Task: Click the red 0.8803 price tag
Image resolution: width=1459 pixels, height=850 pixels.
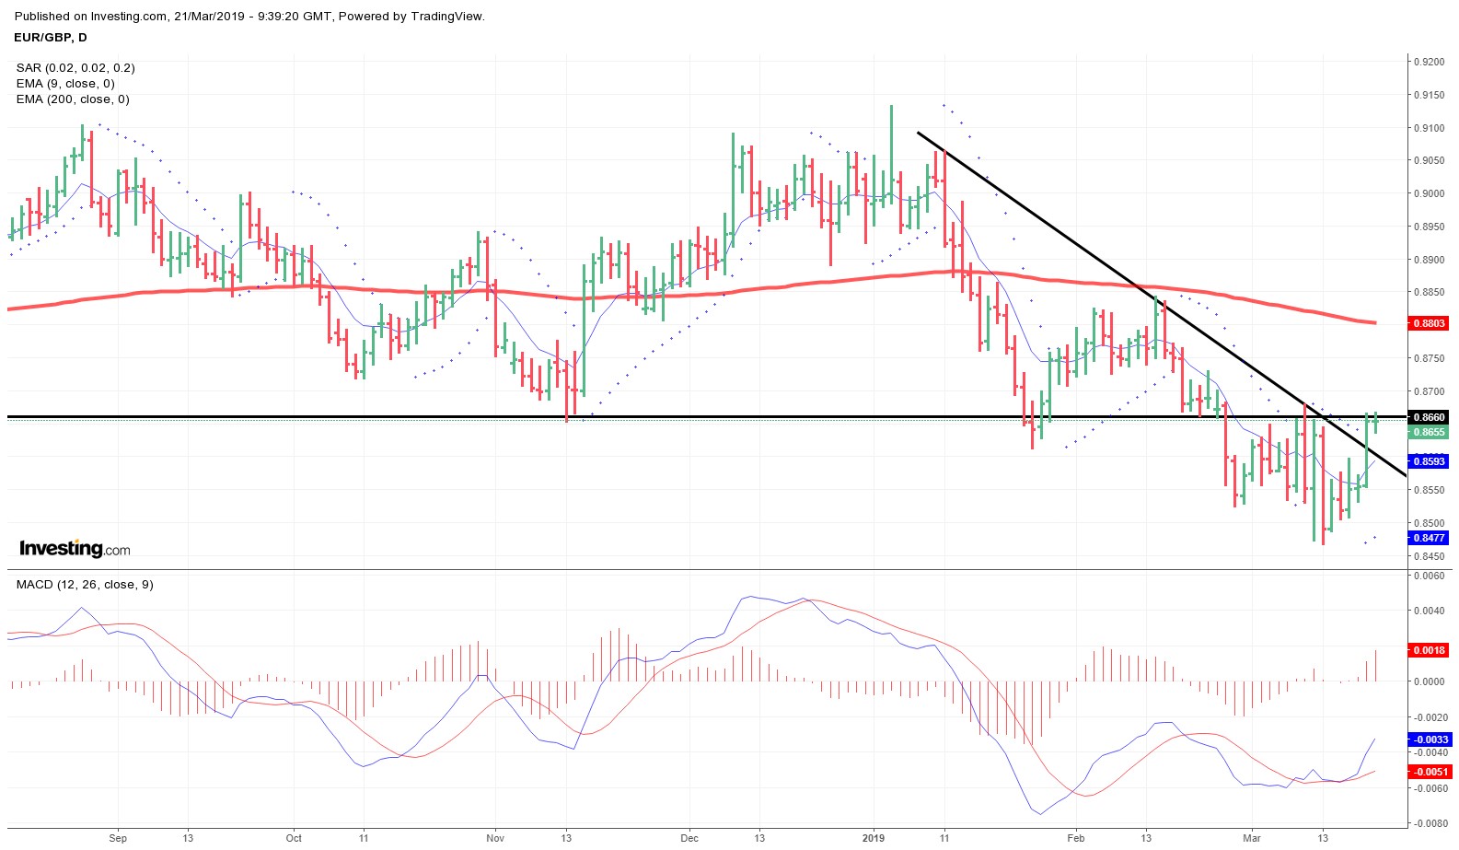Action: tap(1429, 323)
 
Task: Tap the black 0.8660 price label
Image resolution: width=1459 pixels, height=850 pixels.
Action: tap(1429, 417)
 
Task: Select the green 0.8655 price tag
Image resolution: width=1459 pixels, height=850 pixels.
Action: tap(1429, 432)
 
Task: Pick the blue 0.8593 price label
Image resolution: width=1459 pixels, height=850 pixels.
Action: tap(1429, 461)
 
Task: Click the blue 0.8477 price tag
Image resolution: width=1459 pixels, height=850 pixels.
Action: tap(1429, 538)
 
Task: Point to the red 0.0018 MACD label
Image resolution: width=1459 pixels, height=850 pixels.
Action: tap(1429, 650)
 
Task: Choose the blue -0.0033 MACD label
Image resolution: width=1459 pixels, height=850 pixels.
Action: tap(1430, 739)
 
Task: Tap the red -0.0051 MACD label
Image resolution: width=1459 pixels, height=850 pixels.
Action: tap(1430, 772)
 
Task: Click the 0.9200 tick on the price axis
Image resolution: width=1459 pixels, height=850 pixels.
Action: tap(1429, 62)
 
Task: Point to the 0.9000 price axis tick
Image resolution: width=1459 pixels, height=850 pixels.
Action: tap(1429, 193)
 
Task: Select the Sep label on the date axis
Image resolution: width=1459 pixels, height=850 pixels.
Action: tap(118, 838)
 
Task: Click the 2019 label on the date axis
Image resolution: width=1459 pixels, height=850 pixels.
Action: tap(873, 838)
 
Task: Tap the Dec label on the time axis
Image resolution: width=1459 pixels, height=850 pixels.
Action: tap(689, 838)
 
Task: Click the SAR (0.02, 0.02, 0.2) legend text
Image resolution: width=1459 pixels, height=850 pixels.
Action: tap(75, 68)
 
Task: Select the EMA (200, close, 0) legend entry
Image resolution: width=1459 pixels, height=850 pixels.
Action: tap(73, 99)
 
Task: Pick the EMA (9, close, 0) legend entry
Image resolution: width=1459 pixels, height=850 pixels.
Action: tap(65, 84)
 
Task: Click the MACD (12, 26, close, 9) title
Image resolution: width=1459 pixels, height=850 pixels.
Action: tap(85, 585)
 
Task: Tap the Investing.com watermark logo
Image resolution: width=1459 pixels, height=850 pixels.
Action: tap(75, 549)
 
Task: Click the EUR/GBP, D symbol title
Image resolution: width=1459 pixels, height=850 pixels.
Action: tap(51, 38)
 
